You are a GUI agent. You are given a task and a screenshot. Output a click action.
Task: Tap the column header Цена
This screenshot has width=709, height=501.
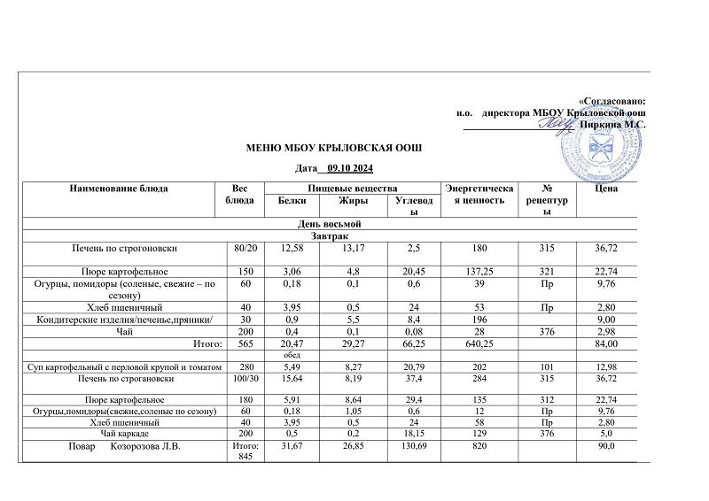[x=607, y=188]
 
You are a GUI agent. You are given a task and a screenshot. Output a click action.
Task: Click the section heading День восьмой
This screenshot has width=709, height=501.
[x=335, y=222]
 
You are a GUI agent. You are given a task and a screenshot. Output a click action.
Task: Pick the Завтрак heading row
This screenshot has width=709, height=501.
[x=335, y=235]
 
